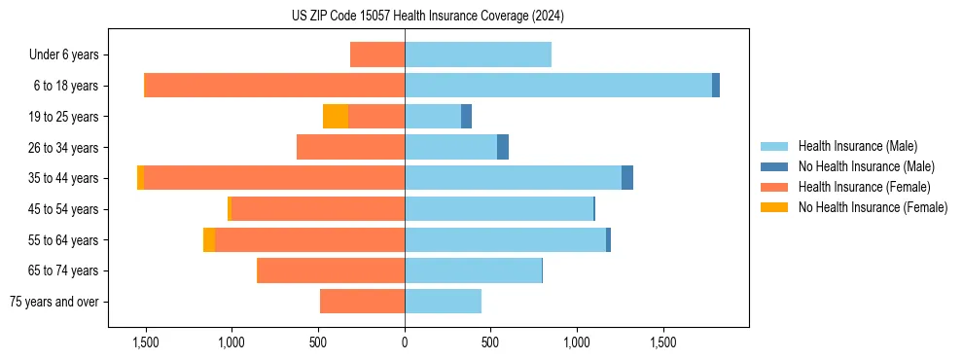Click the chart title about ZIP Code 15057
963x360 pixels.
[428, 16]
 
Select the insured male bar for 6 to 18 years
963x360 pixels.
[558, 86]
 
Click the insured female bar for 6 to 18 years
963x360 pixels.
[274, 86]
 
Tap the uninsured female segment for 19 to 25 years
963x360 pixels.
[336, 117]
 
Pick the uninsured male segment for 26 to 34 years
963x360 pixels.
[503, 147]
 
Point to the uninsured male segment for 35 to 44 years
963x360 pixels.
[627, 178]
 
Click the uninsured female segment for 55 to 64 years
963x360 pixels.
[209, 239]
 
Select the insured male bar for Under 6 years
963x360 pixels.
[478, 54]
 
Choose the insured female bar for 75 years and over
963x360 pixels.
[362, 302]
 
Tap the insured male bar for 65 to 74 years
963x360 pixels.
[473, 270]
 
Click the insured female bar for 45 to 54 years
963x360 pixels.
[318, 209]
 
